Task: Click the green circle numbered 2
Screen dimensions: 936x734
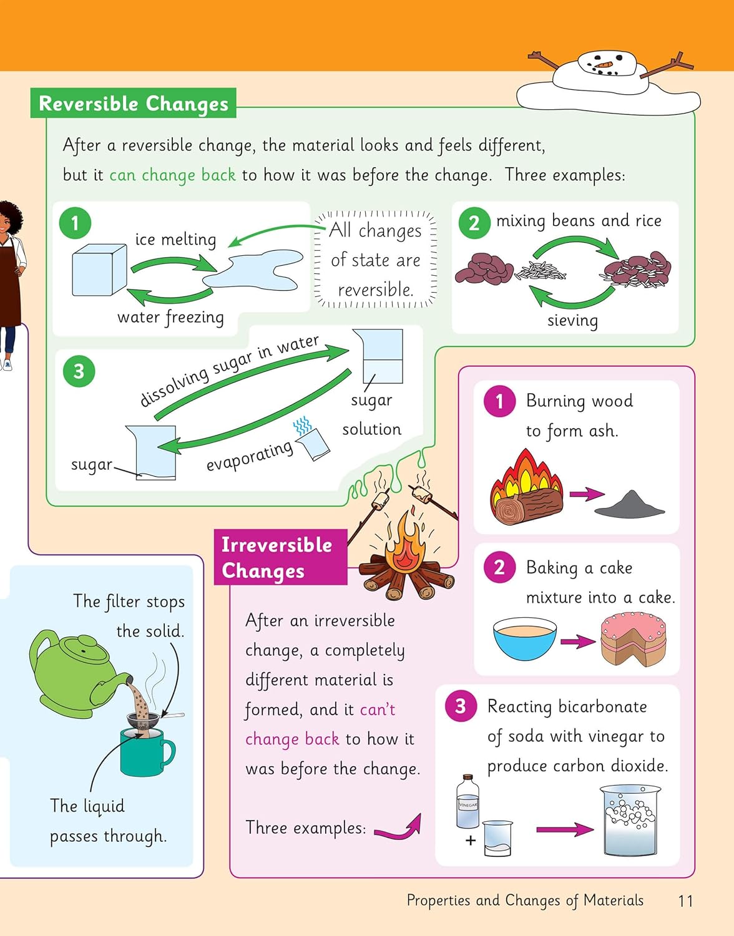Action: tap(474, 223)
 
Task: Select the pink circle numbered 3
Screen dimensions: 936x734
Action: tap(461, 706)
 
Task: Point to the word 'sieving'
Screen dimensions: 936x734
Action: tap(572, 321)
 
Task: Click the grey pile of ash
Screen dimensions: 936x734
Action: tap(629, 505)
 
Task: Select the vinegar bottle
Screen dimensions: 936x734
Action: tap(467, 802)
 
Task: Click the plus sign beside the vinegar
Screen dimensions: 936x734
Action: tap(471, 841)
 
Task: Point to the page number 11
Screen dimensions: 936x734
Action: tap(685, 901)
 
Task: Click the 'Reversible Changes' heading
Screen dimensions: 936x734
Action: tap(134, 104)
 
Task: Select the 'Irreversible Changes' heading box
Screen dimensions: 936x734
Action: tap(280, 558)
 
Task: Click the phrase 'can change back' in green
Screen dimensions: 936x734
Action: tap(172, 175)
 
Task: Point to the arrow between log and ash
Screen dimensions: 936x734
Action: tap(586, 494)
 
